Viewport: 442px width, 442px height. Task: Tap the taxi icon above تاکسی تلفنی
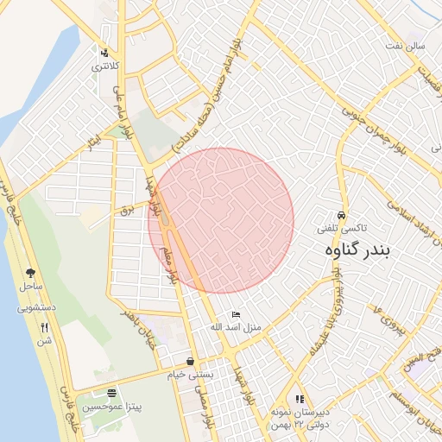tap(342, 215)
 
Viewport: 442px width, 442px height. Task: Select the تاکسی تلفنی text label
tap(342, 228)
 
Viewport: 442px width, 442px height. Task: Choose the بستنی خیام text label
tap(189, 376)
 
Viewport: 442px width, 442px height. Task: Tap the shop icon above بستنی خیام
tap(190, 361)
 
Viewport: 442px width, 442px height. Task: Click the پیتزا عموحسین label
tap(110, 406)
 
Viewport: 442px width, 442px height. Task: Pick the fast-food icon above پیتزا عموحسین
tap(110, 392)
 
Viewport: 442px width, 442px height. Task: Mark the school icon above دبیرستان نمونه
tap(300, 399)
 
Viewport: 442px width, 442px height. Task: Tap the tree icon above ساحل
tap(31, 271)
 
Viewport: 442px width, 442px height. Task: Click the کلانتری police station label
tap(107, 66)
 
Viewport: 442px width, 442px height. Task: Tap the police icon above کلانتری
tap(105, 53)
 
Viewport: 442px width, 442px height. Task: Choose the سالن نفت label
tap(407, 68)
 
